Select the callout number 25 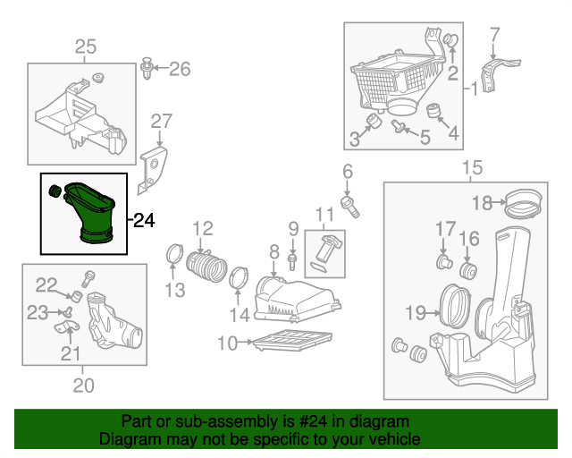click(x=85, y=47)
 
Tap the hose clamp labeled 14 click(x=239, y=278)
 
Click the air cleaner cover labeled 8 click(x=295, y=301)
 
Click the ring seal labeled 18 click(x=523, y=204)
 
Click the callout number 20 click(x=82, y=386)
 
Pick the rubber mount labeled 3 click(x=374, y=123)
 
